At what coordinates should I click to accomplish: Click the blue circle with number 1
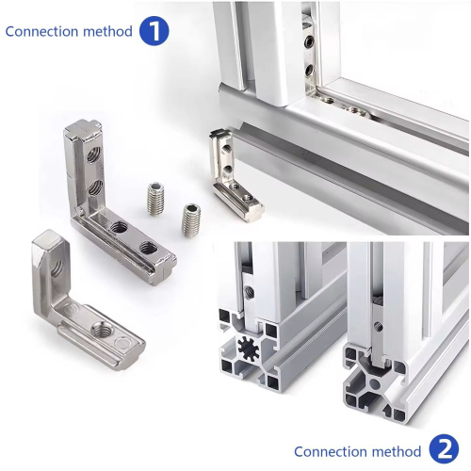pyautogui.click(x=154, y=31)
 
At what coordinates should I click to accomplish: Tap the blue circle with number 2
pyautogui.click(x=444, y=448)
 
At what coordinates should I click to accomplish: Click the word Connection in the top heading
pyautogui.click(x=41, y=32)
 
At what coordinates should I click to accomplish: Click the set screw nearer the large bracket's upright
pyautogui.click(x=155, y=199)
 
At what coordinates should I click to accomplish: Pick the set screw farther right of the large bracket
pyautogui.click(x=191, y=219)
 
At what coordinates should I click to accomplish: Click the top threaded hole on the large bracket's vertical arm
pyautogui.click(x=93, y=154)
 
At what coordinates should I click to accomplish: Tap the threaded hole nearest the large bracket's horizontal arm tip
pyautogui.click(x=149, y=248)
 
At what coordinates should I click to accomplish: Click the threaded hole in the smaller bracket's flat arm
pyautogui.click(x=103, y=329)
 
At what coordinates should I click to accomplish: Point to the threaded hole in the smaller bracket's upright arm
pyautogui.click(x=57, y=268)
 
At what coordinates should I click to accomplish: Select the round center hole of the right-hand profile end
pyautogui.click(x=374, y=382)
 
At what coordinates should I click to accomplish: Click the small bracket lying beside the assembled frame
pyautogui.click(x=233, y=176)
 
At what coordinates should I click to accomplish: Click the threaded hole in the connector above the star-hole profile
pyautogui.click(x=250, y=293)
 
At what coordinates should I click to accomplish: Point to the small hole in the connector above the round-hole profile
pyautogui.click(x=379, y=328)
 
